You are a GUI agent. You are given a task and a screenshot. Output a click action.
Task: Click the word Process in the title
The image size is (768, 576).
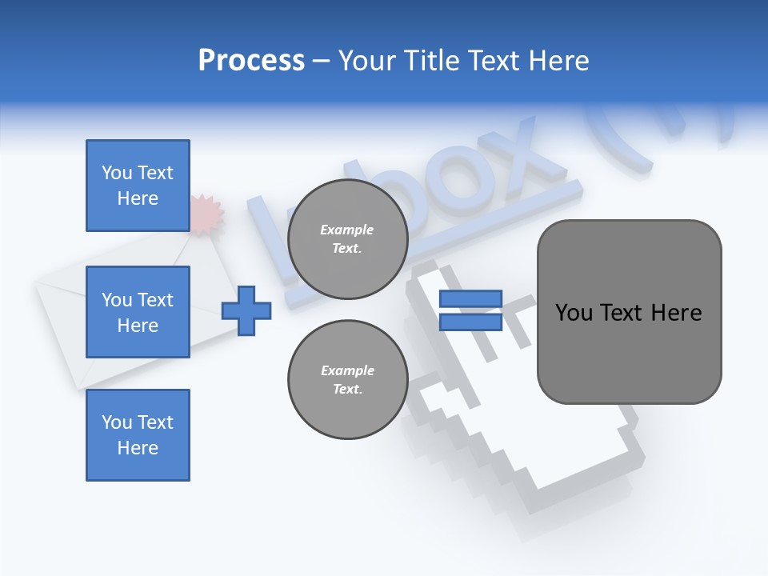[x=251, y=61]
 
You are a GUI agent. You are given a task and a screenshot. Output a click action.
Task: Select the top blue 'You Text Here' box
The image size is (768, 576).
[x=138, y=186]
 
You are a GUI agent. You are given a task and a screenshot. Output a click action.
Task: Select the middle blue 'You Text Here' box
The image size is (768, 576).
[x=138, y=312]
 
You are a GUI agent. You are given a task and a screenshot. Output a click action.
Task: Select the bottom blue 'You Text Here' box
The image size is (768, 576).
[x=138, y=435]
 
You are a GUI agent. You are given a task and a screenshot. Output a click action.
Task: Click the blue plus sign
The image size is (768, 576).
[x=246, y=310]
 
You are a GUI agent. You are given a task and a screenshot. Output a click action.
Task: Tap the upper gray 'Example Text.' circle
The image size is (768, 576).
[x=347, y=239]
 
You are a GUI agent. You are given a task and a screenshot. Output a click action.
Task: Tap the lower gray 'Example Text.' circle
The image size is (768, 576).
[x=347, y=380]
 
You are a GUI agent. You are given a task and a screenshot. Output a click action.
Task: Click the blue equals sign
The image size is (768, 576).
[x=470, y=310]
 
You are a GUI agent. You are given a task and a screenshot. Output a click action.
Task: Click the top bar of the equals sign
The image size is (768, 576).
[x=470, y=299]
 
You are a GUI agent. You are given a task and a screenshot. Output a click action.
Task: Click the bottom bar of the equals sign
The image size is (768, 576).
[x=470, y=322]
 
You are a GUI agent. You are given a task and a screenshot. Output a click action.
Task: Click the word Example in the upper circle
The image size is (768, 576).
[x=347, y=230]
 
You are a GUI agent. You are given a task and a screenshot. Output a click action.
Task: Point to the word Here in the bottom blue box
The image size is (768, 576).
[x=138, y=448]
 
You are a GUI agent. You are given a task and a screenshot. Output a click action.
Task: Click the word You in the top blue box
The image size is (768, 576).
[x=117, y=173]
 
